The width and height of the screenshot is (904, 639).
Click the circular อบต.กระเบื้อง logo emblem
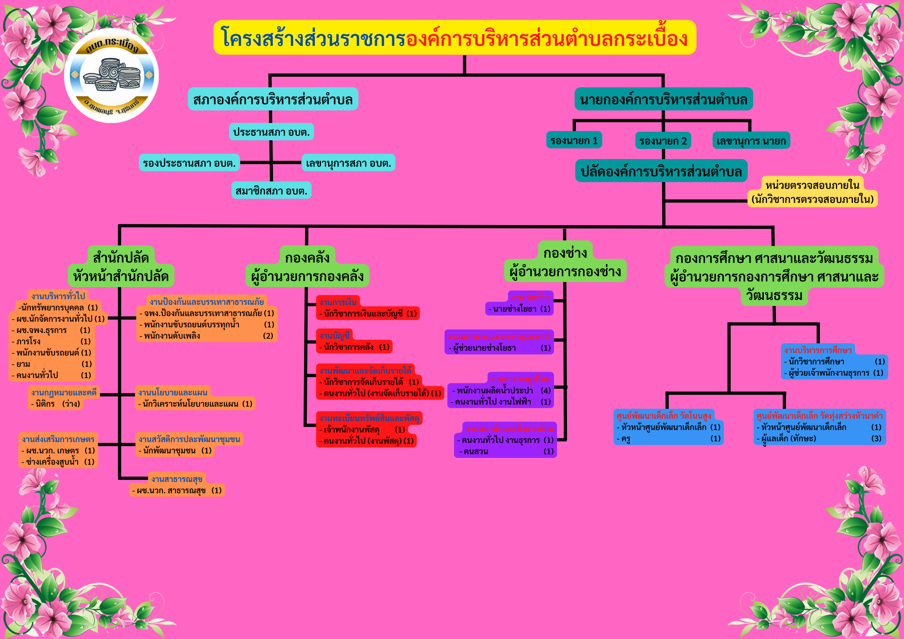[x=111, y=75]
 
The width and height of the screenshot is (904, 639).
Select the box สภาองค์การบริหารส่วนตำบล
[x=273, y=99]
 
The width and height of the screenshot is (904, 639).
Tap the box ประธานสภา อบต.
[x=271, y=132]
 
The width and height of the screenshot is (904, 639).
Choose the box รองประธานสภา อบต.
[x=189, y=163]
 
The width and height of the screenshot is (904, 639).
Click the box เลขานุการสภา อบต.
[x=348, y=163]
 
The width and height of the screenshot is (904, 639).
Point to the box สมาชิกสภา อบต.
[x=271, y=190]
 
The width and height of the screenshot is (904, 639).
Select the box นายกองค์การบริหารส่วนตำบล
[x=663, y=99]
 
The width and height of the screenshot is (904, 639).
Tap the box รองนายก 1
[x=574, y=141]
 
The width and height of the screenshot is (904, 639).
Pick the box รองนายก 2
[x=663, y=141]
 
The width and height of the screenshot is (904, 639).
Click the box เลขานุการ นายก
[x=751, y=141]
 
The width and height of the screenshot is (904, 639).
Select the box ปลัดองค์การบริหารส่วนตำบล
[x=661, y=171]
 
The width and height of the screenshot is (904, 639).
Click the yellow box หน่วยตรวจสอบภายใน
[x=812, y=192]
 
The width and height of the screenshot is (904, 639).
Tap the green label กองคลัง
[x=307, y=257]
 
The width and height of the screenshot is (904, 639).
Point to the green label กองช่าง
[x=565, y=253]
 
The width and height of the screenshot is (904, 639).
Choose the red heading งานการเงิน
[x=338, y=302]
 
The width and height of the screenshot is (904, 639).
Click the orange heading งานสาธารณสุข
[x=177, y=479]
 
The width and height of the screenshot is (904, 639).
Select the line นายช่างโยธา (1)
[x=519, y=309]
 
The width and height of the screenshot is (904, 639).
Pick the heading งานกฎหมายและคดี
[x=64, y=392]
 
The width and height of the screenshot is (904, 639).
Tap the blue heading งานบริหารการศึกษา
[x=818, y=350]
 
